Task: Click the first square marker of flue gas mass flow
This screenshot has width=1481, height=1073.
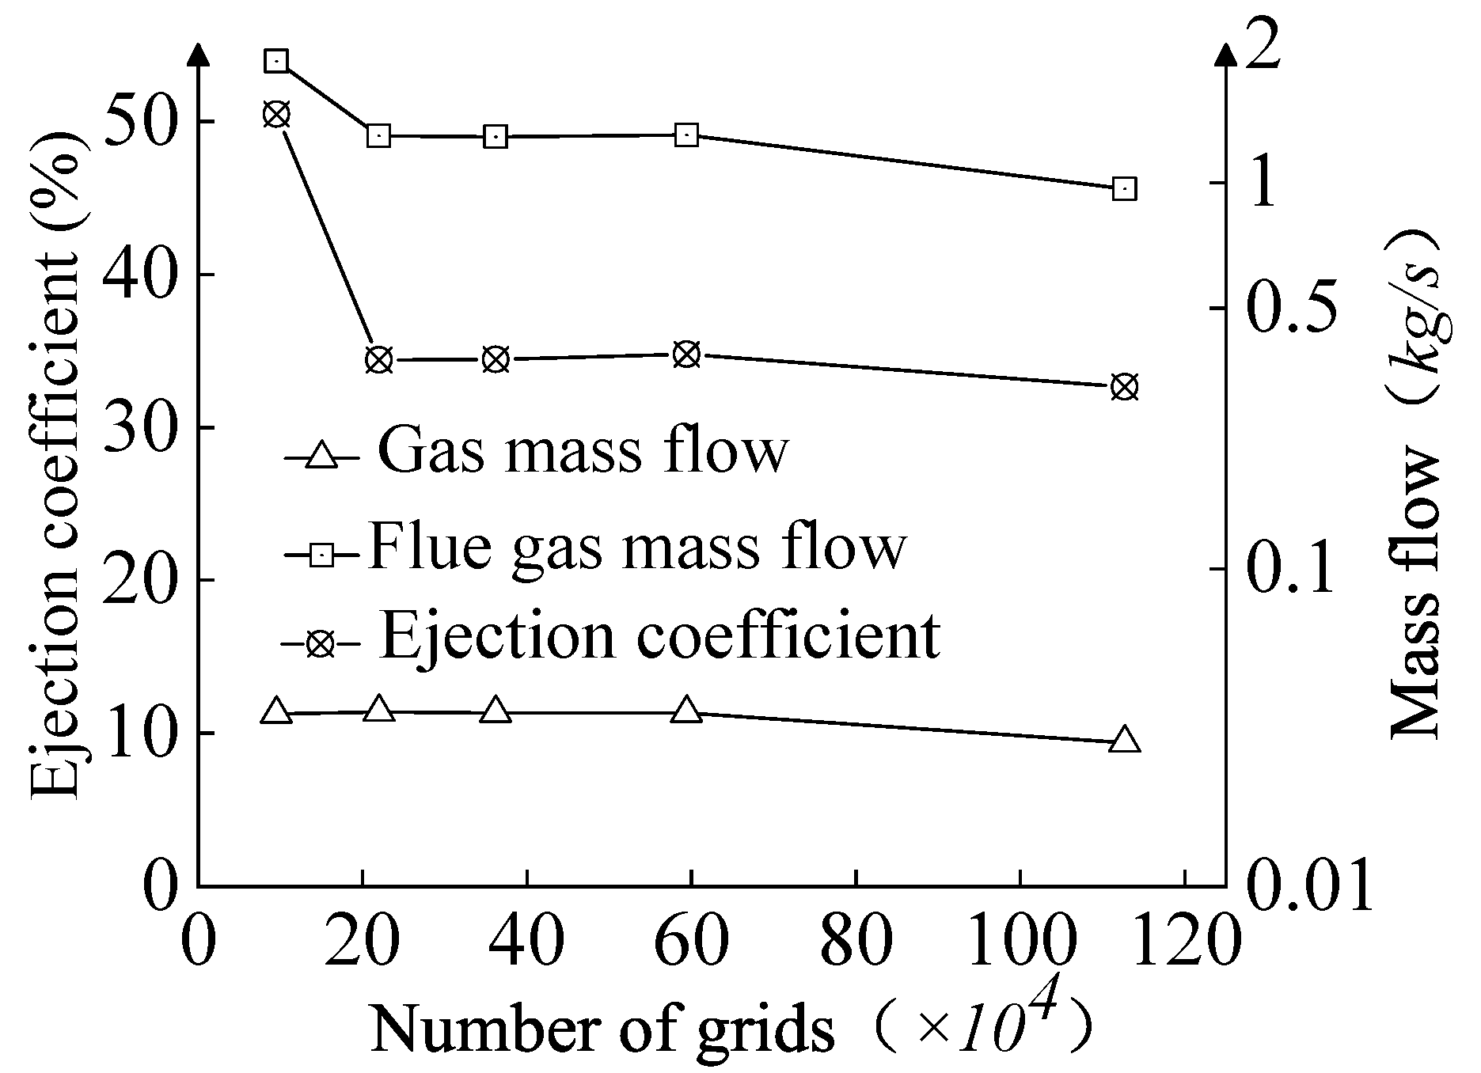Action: click(276, 61)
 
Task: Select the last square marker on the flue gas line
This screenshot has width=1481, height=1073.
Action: click(1124, 189)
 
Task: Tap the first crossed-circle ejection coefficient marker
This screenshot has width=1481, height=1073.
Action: click(276, 115)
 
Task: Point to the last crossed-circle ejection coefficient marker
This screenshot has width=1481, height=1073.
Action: click(1124, 388)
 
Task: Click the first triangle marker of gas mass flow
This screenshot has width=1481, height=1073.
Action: click(276, 711)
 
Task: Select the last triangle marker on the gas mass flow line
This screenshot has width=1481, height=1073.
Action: click(1124, 740)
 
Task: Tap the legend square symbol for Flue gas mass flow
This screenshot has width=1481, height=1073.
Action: click(322, 555)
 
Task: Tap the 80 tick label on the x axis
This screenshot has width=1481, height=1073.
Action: click(856, 942)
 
